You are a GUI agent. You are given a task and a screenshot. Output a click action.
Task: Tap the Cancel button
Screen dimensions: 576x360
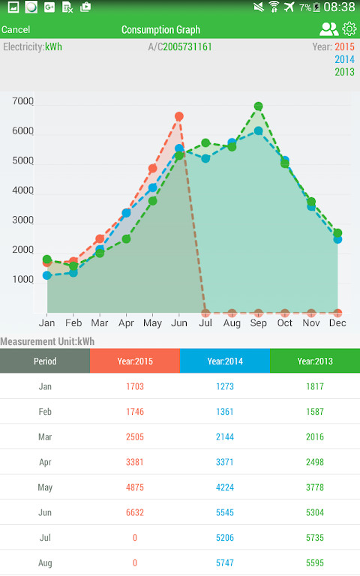click(x=16, y=30)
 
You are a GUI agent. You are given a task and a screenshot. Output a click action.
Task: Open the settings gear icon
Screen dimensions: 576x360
click(x=349, y=29)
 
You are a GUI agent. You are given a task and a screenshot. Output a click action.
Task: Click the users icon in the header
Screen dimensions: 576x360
click(x=328, y=29)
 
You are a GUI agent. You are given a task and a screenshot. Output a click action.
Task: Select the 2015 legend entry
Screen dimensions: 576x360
click(x=344, y=47)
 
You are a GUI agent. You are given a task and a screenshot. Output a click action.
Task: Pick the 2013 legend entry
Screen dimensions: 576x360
click(x=344, y=72)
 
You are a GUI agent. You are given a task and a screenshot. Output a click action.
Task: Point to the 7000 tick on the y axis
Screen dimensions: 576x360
click(x=23, y=101)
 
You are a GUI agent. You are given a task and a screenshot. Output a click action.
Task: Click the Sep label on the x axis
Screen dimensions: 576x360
click(x=258, y=322)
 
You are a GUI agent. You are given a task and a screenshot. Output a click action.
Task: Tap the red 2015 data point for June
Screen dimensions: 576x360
click(x=179, y=116)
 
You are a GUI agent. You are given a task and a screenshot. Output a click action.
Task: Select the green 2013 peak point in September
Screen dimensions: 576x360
click(x=258, y=106)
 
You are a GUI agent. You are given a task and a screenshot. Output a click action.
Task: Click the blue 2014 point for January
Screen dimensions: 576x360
click(x=47, y=275)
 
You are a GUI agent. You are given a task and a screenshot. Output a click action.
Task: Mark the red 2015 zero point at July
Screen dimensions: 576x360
click(x=205, y=313)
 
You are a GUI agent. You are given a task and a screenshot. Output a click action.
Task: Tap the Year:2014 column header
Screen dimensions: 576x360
click(x=224, y=361)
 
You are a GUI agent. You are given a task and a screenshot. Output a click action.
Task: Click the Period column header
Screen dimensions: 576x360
click(x=45, y=361)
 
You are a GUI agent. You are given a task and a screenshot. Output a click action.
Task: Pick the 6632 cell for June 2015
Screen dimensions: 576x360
click(x=135, y=512)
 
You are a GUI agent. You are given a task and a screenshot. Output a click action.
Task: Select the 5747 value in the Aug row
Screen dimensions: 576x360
click(x=224, y=562)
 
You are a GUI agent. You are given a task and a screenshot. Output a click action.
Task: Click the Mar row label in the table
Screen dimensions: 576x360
click(x=45, y=436)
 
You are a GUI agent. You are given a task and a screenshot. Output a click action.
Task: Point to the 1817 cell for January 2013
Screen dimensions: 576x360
click(x=314, y=386)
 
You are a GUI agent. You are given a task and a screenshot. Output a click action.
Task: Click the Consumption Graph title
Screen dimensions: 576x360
click(x=160, y=30)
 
